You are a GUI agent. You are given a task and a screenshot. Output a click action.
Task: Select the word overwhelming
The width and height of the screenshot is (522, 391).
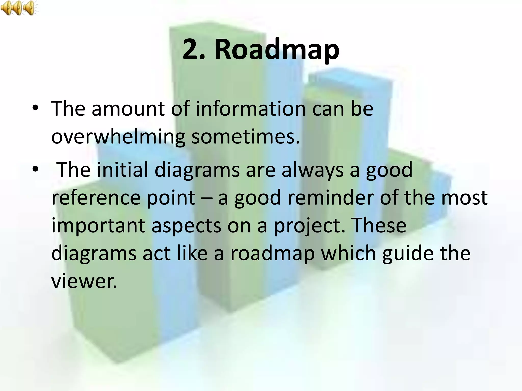118,137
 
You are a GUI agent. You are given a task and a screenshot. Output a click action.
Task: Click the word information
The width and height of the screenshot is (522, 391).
251,109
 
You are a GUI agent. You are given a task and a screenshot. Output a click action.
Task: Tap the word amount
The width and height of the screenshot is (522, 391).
128,109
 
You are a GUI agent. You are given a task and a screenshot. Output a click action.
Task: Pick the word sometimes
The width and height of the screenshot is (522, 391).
245,137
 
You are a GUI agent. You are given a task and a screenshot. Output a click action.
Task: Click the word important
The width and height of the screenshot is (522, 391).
98,226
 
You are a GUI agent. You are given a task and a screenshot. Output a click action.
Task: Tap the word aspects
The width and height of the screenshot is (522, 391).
186,226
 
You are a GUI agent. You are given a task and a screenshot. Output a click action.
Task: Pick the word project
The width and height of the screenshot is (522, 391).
310,226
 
